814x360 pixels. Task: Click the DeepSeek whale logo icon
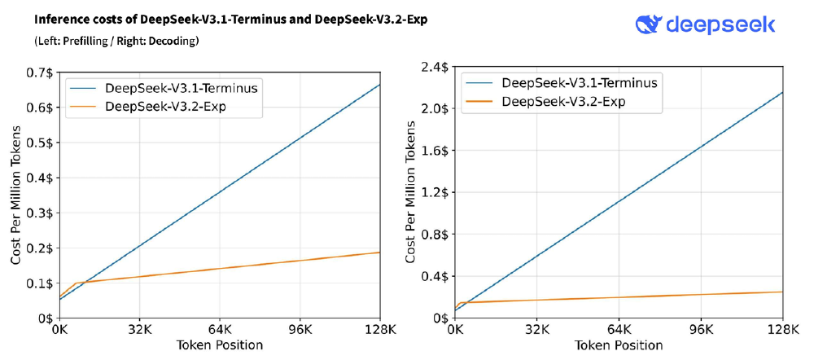[x=650, y=24]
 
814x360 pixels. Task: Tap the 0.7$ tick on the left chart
[x=39, y=72]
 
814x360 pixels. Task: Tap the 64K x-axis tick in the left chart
[x=220, y=331]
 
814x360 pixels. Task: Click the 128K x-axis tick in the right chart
[x=783, y=331]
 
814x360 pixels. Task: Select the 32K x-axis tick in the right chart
[x=538, y=331]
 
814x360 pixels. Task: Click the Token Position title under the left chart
[x=219, y=345]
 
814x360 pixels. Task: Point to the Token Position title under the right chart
[x=619, y=345]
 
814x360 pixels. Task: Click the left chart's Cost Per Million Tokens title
[x=16, y=195]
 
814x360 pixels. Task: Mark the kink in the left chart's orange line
[x=75, y=283]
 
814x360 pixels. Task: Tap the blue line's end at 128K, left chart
[x=379, y=84]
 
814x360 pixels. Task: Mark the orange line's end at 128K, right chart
[x=782, y=292]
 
